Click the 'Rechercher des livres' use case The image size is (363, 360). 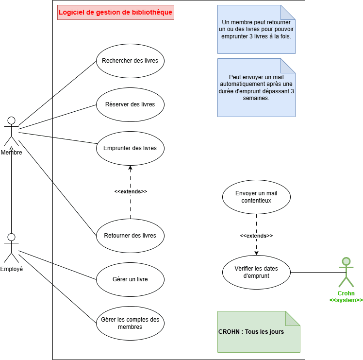point(130,61)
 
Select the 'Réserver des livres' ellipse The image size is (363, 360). point(130,104)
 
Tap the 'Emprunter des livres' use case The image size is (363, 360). point(130,148)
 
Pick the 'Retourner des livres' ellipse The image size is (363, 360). point(130,236)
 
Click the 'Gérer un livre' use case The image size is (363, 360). point(130,279)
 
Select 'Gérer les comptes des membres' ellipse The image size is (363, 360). point(130,323)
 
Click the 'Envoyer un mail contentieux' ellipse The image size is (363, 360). point(256,197)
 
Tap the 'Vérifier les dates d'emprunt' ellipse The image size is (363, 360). point(256,272)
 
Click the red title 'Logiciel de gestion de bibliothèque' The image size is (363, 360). point(115,13)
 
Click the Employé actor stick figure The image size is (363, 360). point(11,248)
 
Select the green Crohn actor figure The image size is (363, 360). point(346,272)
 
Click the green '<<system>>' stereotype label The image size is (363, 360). point(346,300)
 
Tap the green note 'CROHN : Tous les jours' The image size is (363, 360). point(259,332)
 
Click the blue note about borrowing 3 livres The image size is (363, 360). point(256,29)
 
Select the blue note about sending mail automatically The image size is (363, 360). point(256,87)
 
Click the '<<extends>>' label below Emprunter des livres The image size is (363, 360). point(131,191)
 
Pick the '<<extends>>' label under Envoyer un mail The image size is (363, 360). point(256,236)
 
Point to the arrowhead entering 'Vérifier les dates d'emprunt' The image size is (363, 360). point(256,252)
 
